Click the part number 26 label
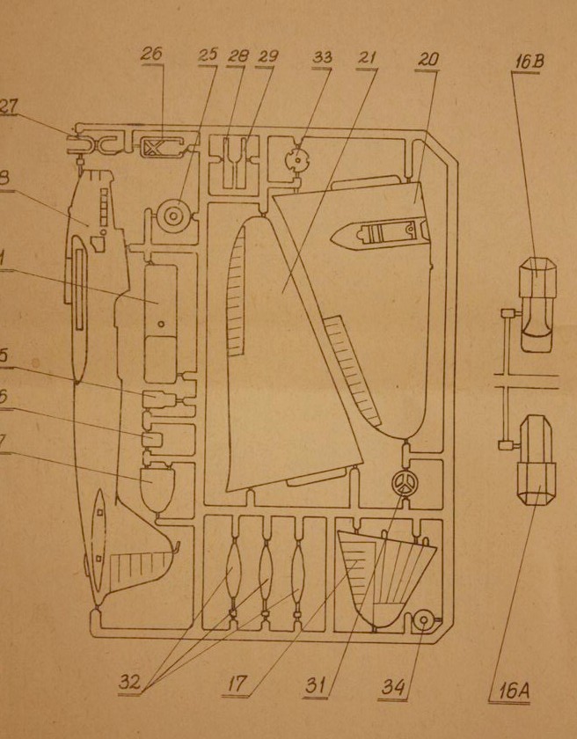point(152,55)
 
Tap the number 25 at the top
point(208,55)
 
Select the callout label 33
point(322,58)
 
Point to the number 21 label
point(368,58)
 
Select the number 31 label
point(315,684)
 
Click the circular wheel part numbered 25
point(173,214)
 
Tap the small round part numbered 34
point(423,621)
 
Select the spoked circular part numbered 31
point(403,483)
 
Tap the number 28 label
point(237,55)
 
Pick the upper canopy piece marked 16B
point(535,303)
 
